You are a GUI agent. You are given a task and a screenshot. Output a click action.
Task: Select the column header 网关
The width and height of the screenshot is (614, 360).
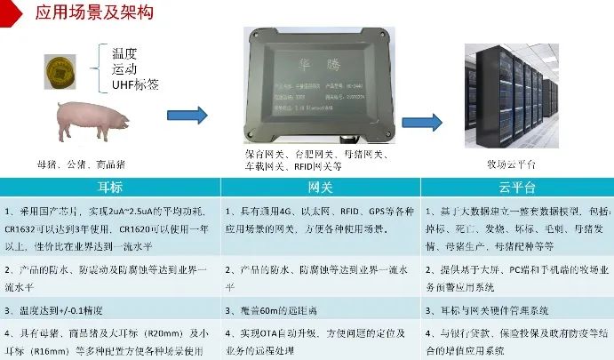click(x=319, y=188)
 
